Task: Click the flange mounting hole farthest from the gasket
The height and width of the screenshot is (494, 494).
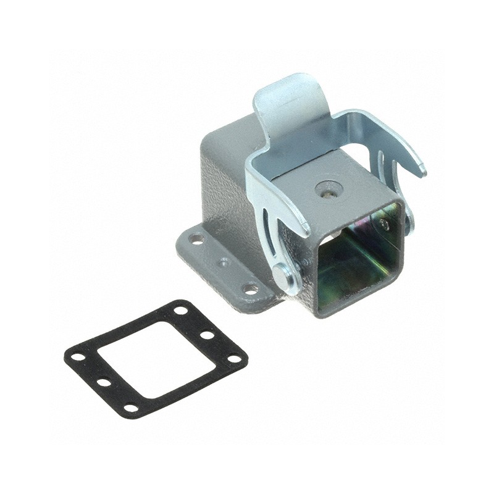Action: (197, 238)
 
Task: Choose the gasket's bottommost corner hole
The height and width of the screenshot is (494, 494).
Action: (131, 408)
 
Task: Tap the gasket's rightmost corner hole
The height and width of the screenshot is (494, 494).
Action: (233, 359)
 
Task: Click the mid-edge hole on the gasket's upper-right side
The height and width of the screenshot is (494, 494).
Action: (207, 335)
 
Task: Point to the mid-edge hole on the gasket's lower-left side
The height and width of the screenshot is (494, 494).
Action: (104, 383)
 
